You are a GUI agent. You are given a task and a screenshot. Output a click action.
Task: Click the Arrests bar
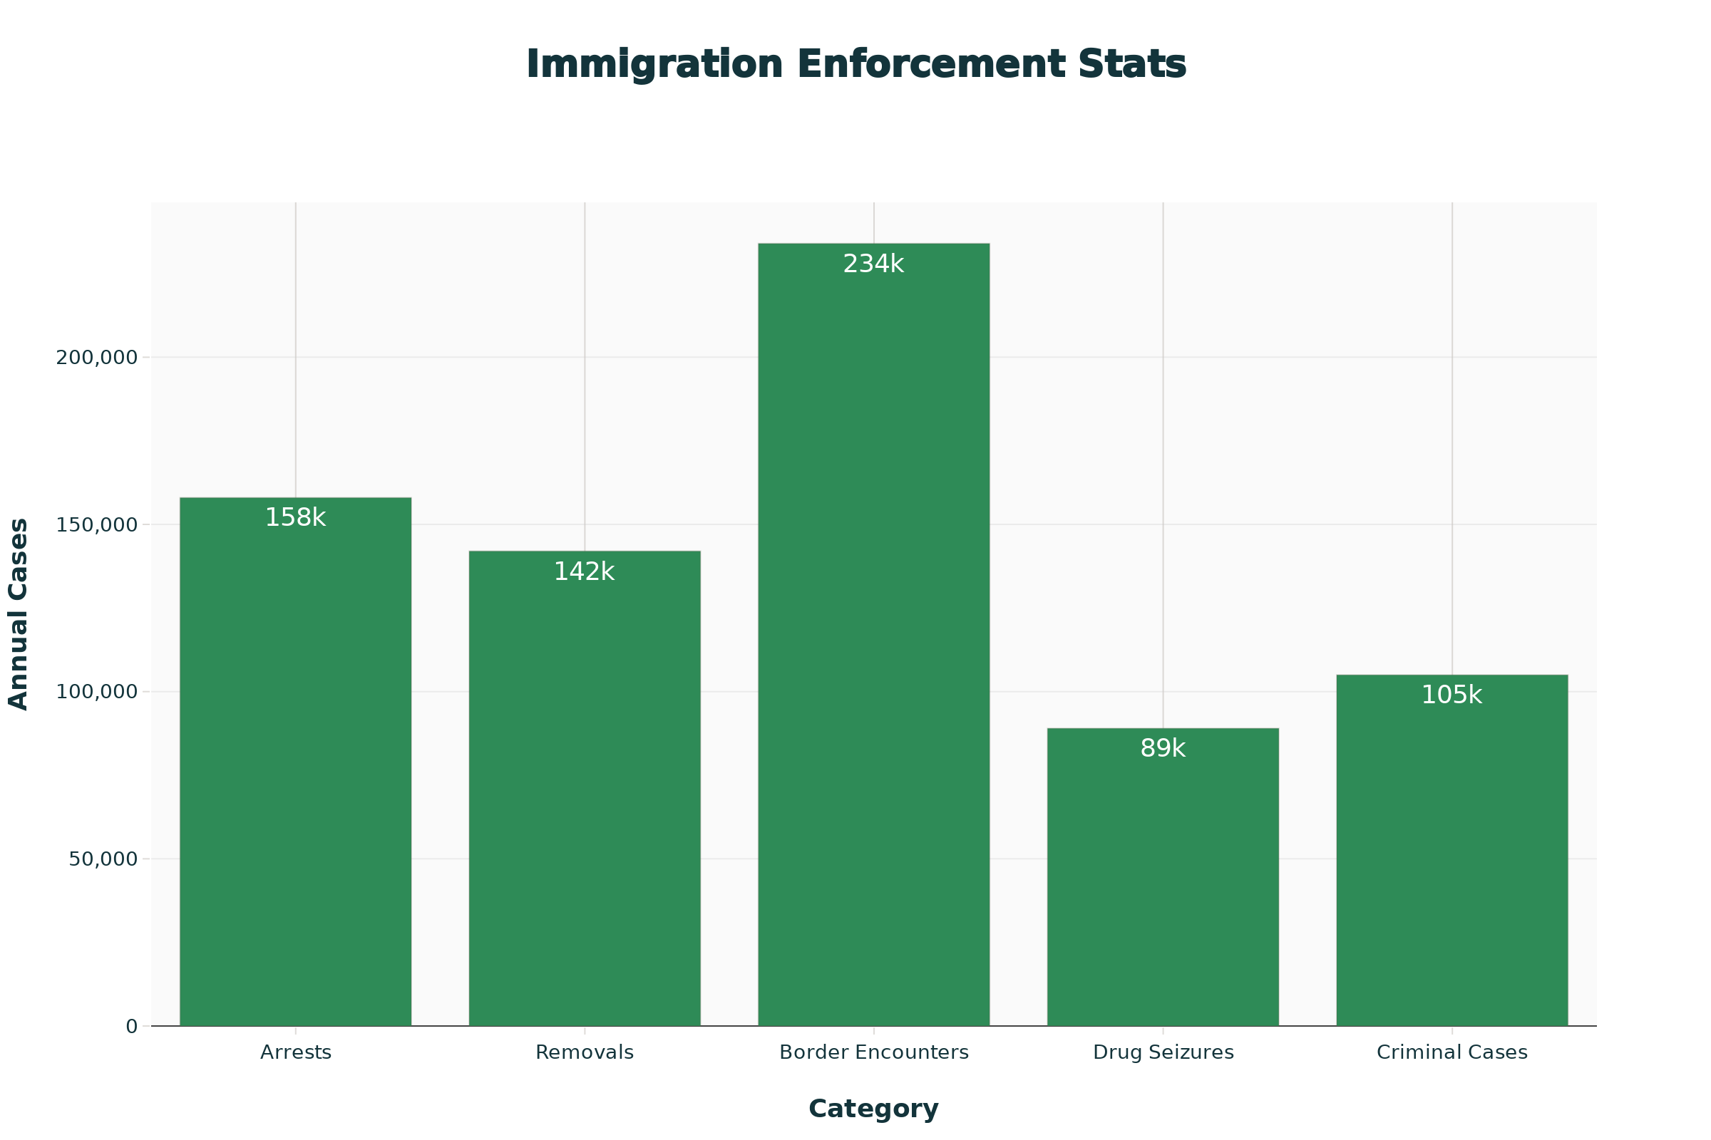pos(295,763)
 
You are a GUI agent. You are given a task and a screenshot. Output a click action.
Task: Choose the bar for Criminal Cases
pos(1451,851)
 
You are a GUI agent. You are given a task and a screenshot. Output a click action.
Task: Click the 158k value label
pos(295,518)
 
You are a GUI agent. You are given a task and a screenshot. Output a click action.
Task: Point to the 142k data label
pos(584,572)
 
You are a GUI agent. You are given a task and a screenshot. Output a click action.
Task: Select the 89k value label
pos(1163,748)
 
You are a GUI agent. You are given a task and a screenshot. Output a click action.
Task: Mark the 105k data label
pos(1451,695)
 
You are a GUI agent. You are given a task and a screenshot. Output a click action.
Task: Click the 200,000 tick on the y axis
pos(97,358)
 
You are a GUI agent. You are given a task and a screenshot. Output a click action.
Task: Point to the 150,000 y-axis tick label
pos(97,525)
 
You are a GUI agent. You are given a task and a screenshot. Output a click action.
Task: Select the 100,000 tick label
pos(97,691)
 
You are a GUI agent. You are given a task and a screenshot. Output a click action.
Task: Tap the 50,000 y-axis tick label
pos(103,859)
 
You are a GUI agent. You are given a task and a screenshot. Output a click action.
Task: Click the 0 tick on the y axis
pos(132,1027)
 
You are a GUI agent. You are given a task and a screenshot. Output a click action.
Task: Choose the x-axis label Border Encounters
pos(874,1053)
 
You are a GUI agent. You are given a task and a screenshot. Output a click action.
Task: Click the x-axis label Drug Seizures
pos(1163,1053)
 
